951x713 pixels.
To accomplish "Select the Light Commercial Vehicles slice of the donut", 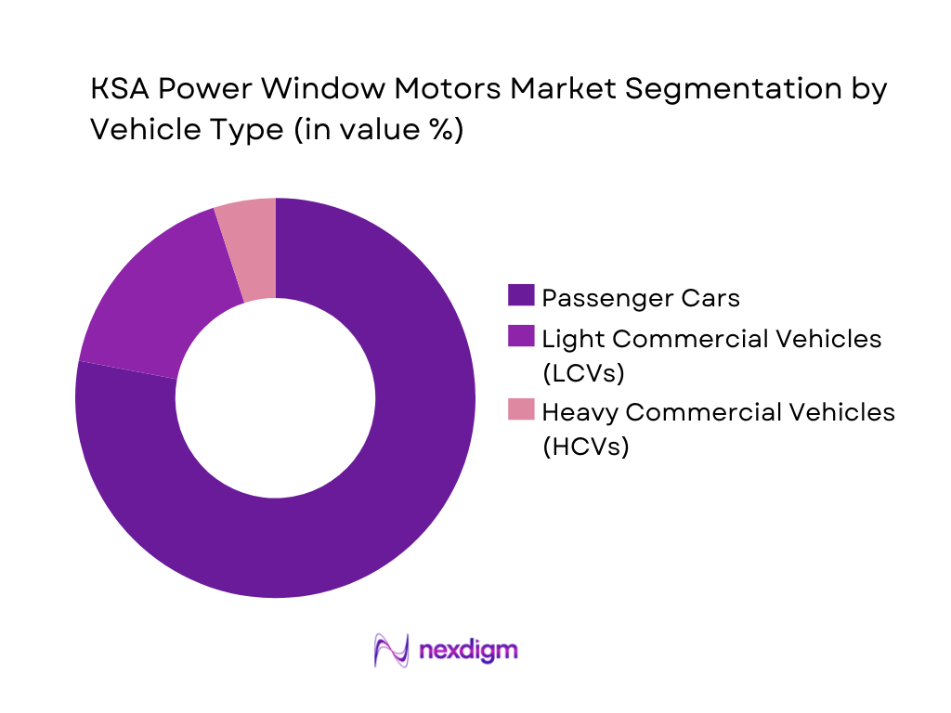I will pyautogui.click(x=149, y=297).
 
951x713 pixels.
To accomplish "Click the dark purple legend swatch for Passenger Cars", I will pyautogui.click(x=521, y=297).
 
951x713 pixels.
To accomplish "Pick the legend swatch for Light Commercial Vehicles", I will pyautogui.click(x=521, y=339).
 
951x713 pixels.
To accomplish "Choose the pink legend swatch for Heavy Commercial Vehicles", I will pyautogui.click(x=521, y=409).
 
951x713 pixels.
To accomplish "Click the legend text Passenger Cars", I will pyautogui.click(x=641, y=297).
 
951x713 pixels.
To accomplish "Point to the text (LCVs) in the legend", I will pyautogui.click(x=583, y=373).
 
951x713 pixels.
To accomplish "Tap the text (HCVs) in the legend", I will pyautogui.click(x=585, y=446).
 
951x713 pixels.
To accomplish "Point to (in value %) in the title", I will pyautogui.click(x=377, y=130).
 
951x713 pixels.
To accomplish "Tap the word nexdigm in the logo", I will pyautogui.click(x=467, y=649).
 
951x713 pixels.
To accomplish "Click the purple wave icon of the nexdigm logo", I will pyautogui.click(x=391, y=650).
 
